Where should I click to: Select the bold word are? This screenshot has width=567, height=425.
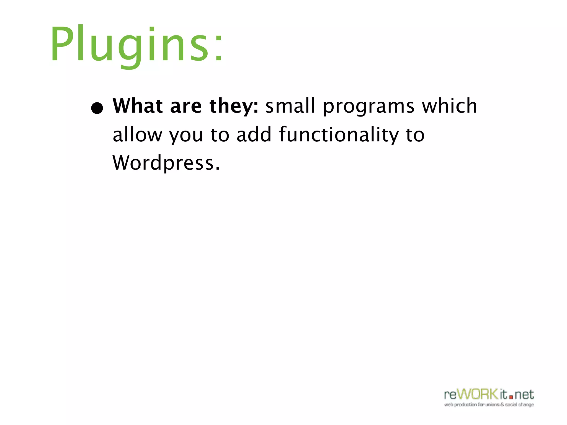186,106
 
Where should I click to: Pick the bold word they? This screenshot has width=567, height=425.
234,106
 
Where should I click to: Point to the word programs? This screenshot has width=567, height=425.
368,106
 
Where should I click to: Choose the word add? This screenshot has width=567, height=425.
254,134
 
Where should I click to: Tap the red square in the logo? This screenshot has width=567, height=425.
511,397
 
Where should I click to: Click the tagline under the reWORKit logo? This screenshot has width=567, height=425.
489,405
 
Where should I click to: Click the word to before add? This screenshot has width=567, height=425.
220,135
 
